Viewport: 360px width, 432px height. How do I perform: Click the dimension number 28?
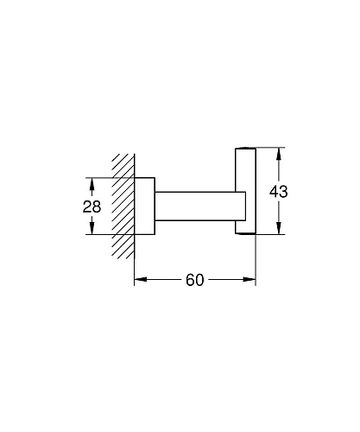pyautogui.click(x=92, y=207)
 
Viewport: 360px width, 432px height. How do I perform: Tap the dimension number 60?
pyautogui.click(x=195, y=281)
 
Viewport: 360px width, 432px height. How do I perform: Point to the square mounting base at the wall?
pyautogui.click(x=144, y=206)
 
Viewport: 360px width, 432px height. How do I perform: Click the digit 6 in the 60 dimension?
pyautogui.click(x=189, y=281)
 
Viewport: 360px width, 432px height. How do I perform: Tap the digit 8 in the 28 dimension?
pyautogui.click(x=98, y=207)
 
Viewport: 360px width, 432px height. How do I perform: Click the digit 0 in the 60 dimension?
pyautogui.click(x=201, y=281)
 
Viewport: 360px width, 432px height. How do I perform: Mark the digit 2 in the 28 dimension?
pyautogui.click(x=87, y=207)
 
